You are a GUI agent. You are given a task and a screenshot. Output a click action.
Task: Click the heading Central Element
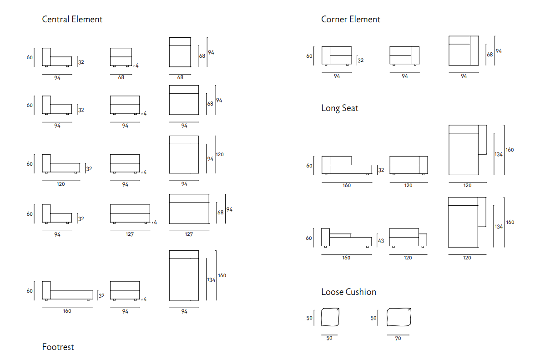[72, 20]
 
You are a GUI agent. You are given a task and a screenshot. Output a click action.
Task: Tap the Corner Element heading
[350, 20]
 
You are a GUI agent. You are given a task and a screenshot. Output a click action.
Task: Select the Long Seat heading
[339, 108]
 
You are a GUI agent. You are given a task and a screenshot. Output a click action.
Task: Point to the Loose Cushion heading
[348, 292]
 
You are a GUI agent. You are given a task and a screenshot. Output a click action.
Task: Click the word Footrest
[58, 347]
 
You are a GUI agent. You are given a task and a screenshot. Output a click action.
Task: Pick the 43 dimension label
[381, 241]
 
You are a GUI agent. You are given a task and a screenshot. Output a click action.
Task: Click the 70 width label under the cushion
[398, 339]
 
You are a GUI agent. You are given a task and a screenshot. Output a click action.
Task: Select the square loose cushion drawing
[330, 317]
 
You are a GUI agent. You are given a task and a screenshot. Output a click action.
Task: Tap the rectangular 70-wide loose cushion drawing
[399, 317]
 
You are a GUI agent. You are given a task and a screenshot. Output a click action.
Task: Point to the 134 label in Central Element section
[211, 280]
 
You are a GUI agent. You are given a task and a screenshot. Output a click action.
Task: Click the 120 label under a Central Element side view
[61, 184]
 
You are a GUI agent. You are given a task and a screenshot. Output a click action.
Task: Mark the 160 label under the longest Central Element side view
[67, 311]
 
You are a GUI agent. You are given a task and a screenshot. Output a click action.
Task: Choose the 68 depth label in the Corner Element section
[490, 55]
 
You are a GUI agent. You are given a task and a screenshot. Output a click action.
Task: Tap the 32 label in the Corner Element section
[361, 60]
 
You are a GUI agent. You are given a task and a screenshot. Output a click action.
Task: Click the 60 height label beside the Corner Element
[309, 56]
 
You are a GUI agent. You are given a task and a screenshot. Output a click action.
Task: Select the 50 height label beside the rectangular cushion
[373, 318]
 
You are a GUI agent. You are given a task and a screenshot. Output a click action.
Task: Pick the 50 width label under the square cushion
[329, 339]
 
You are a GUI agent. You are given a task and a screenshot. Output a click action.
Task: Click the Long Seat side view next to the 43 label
[346, 238]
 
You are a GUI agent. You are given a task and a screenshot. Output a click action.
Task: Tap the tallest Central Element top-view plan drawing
[184, 276]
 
